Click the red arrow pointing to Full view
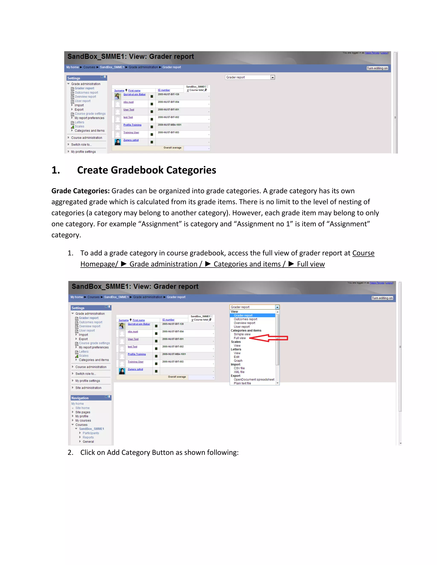269,338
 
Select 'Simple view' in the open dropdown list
242,334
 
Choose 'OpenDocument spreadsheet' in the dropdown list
254,380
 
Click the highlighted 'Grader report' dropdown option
243,315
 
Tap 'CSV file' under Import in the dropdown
239,368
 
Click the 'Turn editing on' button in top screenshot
377,68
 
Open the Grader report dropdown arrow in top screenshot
272,77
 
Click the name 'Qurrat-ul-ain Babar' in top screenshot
134,94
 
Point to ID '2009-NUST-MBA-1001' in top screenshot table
170,125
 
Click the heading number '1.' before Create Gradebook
56,170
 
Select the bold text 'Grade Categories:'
80,191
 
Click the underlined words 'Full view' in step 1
310,264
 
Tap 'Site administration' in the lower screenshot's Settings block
88,388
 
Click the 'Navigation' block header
80,398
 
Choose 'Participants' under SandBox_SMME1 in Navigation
91,433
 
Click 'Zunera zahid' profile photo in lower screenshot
122,371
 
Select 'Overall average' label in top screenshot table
172,148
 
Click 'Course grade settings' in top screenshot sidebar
90,114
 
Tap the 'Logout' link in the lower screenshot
389,283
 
